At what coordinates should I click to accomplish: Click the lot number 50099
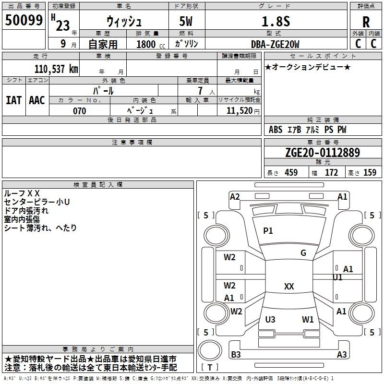[24, 20]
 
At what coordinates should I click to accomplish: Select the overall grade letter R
[366, 22]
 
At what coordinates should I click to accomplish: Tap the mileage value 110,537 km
[56, 69]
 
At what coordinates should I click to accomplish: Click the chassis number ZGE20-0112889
[323, 152]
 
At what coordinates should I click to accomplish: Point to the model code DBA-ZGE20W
[275, 44]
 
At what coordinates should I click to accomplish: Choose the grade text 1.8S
[276, 21]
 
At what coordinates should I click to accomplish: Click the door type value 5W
[186, 21]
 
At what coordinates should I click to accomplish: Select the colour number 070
[79, 111]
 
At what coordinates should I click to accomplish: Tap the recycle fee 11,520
[239, 111]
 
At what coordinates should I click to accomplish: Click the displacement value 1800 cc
[151, 44]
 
